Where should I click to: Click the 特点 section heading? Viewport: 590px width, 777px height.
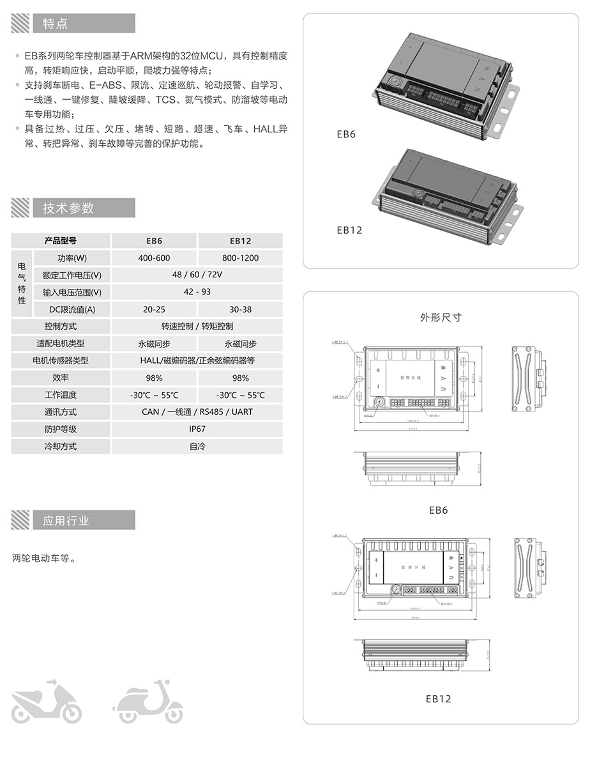coord(55,24)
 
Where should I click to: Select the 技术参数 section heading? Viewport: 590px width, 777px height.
coord(68,208)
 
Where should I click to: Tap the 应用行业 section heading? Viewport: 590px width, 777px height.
coord(66,520)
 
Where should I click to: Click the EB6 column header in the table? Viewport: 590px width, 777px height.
coord(154,241)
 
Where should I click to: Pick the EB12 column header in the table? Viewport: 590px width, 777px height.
coord(240,241)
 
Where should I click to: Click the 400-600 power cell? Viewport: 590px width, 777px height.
coord(154,258)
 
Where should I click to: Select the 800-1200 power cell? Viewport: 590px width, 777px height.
coord(240,258)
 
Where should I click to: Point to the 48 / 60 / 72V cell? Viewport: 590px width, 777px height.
coord(197,275)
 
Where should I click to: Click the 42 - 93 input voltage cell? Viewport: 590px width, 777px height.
coord(197,292)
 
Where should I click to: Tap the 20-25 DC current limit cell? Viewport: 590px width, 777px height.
coord(154,309)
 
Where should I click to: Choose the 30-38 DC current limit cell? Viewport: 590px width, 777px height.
coord(240,309)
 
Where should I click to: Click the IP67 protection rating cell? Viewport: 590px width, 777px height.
coord(197,429)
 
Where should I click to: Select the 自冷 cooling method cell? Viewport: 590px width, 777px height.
coord(197,446)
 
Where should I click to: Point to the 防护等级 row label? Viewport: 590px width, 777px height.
coord(61,429)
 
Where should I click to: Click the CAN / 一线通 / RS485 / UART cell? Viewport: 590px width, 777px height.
coord(197,412)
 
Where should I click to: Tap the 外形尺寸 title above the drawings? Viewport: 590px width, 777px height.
coord(440,317)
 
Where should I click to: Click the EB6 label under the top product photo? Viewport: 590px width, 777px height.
coord(345,134)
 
